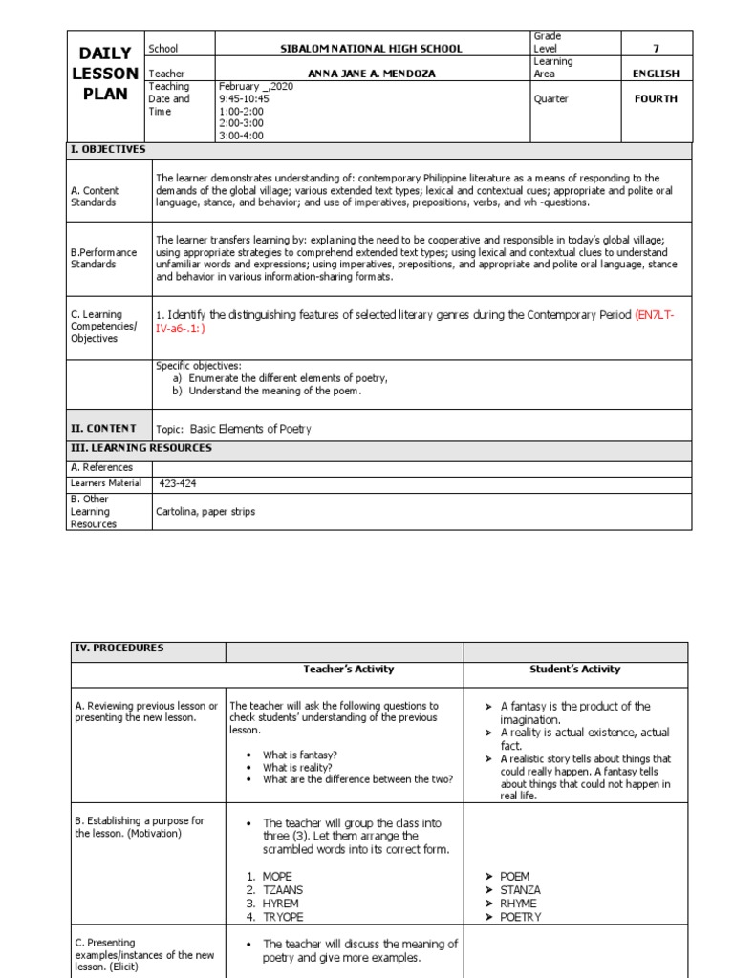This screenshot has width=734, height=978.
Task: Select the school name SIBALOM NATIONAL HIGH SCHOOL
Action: point(373,49)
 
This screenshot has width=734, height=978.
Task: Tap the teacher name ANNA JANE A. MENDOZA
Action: point(373,74)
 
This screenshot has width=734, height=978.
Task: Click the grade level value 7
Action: point(655,49)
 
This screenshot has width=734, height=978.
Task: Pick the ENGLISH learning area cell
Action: point(655,74)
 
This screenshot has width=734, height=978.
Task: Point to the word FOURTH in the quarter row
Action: point(655,98)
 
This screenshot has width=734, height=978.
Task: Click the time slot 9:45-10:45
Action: point(246,98)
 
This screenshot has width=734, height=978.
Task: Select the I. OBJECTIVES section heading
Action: point(108,150)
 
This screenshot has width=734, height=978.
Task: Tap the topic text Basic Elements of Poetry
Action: point(250,429)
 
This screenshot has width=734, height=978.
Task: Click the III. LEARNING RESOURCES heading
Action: point(141,448)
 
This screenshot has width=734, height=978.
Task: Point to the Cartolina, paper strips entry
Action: point(205,511)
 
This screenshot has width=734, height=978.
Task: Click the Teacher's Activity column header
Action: point(348,670)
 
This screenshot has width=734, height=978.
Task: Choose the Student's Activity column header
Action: point(574,670)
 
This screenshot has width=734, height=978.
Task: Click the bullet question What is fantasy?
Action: point(299,755)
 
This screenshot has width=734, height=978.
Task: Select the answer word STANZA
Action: point(520,889)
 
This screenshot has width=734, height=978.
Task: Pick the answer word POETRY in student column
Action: point(520,917)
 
